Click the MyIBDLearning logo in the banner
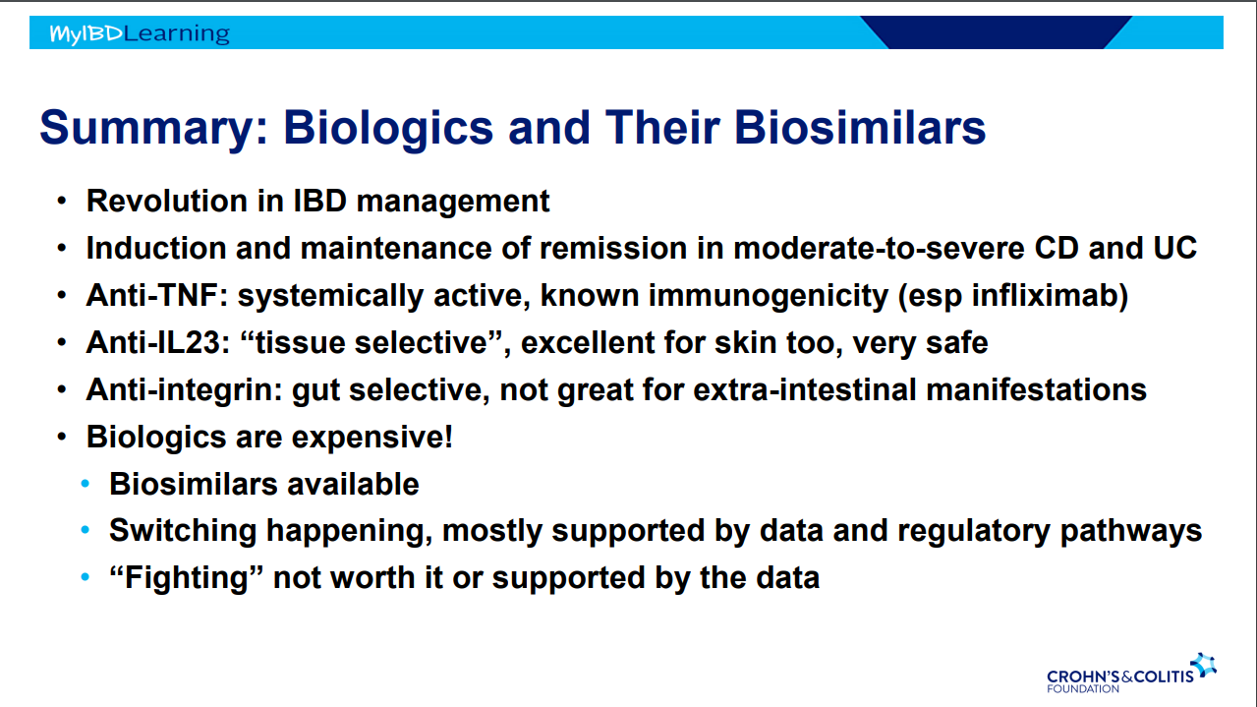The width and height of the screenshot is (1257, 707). tap(140, 33)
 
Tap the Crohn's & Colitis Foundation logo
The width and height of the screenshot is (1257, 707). tap(1131, 674)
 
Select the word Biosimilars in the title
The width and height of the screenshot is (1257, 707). tap(860, 128)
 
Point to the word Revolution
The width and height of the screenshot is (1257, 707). tap(167, 201)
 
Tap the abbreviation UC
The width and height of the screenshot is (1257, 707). tap(1175, 248)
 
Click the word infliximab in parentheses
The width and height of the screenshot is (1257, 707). tap(1045, 295)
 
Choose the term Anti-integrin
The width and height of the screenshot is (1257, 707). tap(184, 390)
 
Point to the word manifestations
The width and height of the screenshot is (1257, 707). tap(1036, 389)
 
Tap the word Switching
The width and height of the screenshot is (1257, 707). tap(183, 531)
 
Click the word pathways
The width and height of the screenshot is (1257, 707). tap(1131, 531)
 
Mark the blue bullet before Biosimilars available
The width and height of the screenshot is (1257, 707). tap(86, 484)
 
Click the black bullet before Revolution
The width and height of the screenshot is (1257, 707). tap(62, 201)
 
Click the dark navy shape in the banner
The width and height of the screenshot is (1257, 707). tap(996, 32)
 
